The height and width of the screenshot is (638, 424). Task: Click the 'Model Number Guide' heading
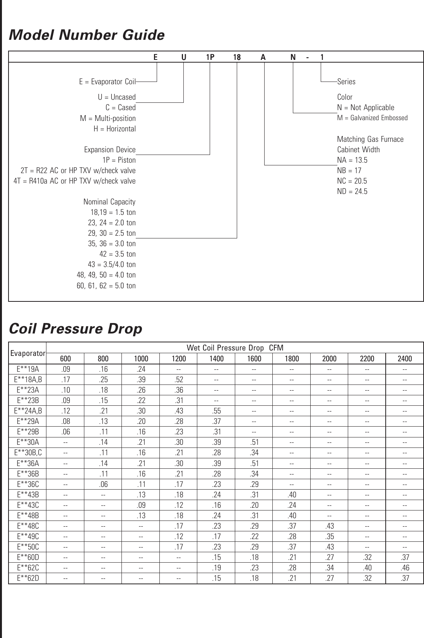point(87,35)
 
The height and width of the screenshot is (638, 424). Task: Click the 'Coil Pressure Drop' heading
point(75,329)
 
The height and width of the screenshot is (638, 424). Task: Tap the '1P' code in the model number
point(210,57)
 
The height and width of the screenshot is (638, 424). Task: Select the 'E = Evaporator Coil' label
point(107,82)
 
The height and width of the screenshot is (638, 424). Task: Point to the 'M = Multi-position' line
point(108,118)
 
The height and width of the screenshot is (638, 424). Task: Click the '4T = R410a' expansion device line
point(74,181)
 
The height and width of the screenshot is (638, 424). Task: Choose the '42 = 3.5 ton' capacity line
point(118,254)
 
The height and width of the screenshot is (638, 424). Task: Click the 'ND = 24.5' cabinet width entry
point(352,191)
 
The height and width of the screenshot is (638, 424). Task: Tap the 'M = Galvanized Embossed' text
point(372,118)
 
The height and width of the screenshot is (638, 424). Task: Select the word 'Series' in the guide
point(346,82)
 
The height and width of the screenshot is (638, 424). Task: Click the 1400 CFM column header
point(216,359)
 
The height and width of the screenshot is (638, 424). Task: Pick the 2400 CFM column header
point(405,359)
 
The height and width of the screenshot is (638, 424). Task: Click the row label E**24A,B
point(28,411)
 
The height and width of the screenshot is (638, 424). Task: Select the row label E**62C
point(28,568)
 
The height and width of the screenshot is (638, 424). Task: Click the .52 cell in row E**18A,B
point(179,379)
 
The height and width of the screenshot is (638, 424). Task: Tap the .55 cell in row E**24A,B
point(216,411)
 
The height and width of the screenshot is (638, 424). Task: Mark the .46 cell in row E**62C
point(405,568)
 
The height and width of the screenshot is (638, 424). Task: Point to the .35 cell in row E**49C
point(329,536)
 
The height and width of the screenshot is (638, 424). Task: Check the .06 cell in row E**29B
point(65,432)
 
